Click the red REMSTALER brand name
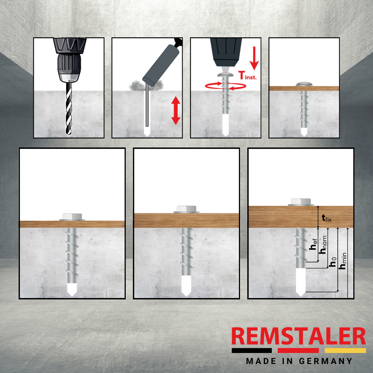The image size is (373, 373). tap(298, 336)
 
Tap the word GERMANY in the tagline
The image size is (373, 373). tap(325, 361)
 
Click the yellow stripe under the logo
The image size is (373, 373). tap(345, 351)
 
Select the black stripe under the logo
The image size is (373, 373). tap(252, 351)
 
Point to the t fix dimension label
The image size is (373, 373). tap(326, 218)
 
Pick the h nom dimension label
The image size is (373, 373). tap(323, 245)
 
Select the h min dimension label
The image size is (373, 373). tap(343, 261)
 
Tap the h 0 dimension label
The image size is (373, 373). tap(333, 262)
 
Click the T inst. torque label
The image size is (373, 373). tap(247, 75)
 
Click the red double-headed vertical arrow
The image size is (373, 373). tap(175, 110)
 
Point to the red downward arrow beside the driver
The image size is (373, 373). tap(254, 58)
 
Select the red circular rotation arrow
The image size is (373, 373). tap(226, 86)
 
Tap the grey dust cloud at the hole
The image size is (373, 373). tap(146, 85)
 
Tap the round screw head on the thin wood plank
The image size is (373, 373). tap(304, 84)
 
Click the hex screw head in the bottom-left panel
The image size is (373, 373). tap(72, 217)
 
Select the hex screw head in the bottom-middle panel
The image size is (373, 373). tap(186, 209)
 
